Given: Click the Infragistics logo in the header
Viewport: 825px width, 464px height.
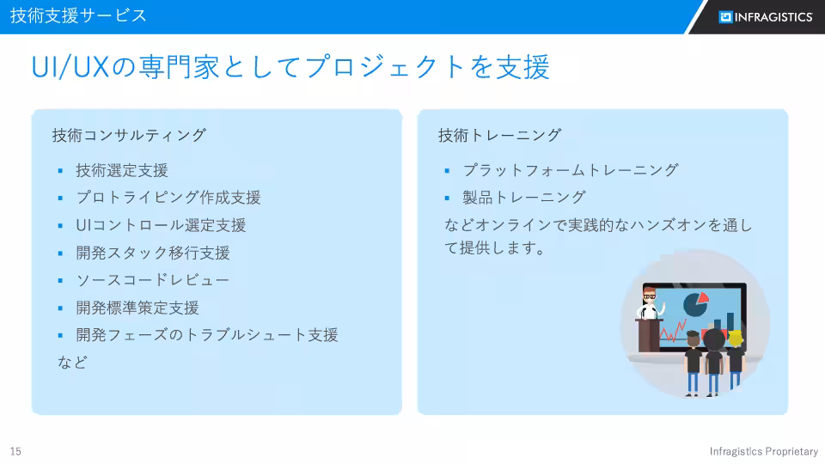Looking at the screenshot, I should tap(765, 17).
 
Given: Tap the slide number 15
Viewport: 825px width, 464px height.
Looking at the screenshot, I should tap(15, 451).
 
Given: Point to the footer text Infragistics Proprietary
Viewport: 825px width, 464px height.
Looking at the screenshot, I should tap(763, 451).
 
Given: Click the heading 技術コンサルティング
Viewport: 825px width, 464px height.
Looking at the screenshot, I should tap(129, 135).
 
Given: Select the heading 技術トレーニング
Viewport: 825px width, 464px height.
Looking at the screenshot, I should tap(499, 135).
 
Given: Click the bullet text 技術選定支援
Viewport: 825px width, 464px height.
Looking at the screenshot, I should tap(122, 170).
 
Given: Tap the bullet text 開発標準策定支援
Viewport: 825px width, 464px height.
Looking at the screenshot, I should tap(137, 308).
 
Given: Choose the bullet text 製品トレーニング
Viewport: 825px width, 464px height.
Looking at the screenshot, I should tap(524, 197).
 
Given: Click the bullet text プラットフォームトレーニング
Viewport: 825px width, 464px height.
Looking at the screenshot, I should tap(571, 170).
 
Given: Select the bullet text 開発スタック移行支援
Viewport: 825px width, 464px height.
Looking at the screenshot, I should tap(153, 253).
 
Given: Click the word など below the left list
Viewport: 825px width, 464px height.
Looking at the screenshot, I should tap(72, 362).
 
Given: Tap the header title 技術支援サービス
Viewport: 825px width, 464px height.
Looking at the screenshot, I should tap(78, 15).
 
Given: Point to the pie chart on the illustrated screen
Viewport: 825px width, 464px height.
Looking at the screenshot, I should tap(695, 302).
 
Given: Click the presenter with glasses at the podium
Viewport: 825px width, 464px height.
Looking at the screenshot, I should tap(650, 300).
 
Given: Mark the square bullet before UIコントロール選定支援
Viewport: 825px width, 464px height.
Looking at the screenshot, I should tap(61, 226).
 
